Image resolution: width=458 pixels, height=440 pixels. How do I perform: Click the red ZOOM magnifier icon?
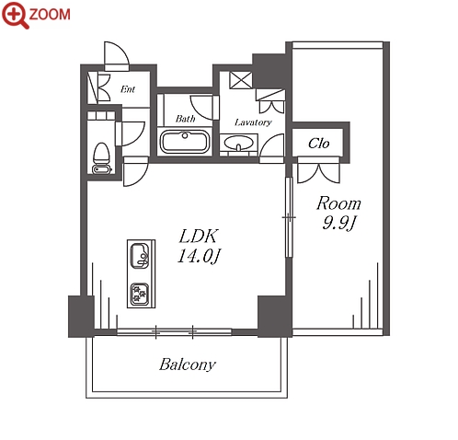[15, 15]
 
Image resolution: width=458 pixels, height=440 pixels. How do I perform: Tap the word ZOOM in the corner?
[50, 15]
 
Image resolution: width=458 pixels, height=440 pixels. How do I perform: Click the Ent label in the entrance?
[128, 89]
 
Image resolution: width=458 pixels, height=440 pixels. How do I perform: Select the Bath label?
[185, 119]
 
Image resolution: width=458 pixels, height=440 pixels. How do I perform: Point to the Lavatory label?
[253, 122]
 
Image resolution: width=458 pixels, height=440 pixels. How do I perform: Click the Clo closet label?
[319, 144]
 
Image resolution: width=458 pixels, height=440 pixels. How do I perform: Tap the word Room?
[338, 203]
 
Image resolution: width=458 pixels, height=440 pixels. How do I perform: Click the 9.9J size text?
[338, 223]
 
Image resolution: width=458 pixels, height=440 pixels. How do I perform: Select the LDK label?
[199, 237]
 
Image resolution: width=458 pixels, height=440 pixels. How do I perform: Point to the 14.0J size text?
[199, 256]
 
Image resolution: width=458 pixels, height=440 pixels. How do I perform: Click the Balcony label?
[188, 365]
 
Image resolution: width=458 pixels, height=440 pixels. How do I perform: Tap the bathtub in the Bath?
[185, 142]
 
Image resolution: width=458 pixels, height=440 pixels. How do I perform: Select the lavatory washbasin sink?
[239, 143]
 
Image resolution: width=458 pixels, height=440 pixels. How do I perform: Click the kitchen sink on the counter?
[140, 255]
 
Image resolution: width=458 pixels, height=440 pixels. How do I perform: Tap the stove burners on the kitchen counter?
[140, 294]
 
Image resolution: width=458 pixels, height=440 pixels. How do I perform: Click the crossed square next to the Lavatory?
[241, 80]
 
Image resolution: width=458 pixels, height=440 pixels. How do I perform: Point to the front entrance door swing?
[117, 54]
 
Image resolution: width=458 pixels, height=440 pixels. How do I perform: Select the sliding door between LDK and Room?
[288, 217]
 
